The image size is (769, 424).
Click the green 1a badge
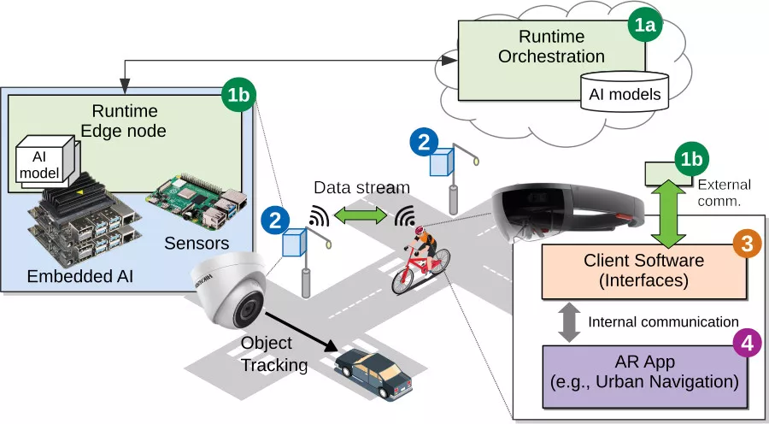tap(647, 26)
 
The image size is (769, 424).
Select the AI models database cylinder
tap(625, 90)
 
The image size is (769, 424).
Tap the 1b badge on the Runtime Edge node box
tap(236, 93)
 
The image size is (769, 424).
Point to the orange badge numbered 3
tap(745, 244)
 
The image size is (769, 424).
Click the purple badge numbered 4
tap(746, 342)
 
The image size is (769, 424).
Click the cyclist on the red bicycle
tap(418, 256)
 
